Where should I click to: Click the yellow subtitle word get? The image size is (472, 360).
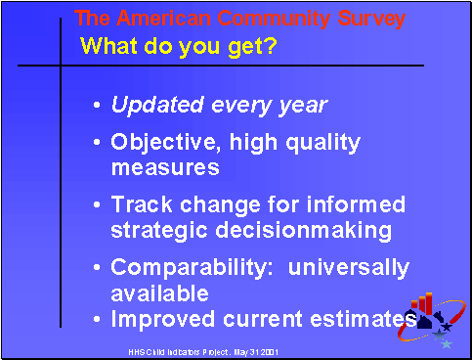pyautogui.click(x=250, y=45)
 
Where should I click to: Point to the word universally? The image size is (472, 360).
pyautogui.click(x=341, y=267)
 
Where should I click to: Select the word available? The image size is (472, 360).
pyautogui.click(x=159, y=292)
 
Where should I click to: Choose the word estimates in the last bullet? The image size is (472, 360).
pyautogui.click(x=362, y=318)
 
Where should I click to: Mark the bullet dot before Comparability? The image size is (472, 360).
pyautogui.click(x=97, y=268)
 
